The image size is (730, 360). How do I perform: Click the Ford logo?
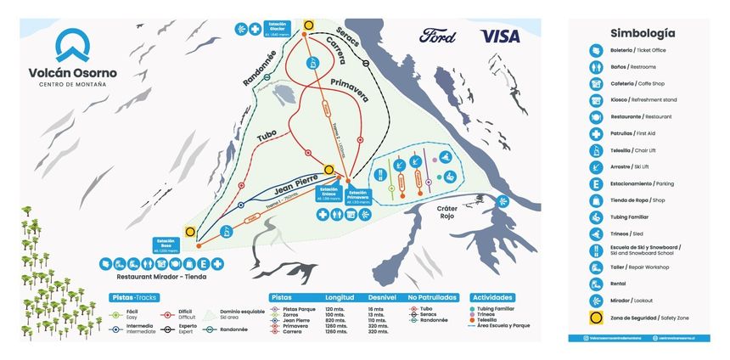[438, 36]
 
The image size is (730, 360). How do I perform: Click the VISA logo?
[500, 36]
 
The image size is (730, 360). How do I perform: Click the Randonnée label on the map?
[260, 67]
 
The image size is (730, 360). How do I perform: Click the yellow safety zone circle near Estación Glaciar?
[310, 25]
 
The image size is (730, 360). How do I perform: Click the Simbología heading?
[643, 33]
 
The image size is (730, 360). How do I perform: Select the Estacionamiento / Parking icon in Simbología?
[596, 183]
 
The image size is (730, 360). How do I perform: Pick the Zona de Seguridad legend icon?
[596, 318]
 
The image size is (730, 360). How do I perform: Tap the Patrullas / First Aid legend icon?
[596, 133]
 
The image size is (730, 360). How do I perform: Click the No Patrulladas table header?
[434, 298]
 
